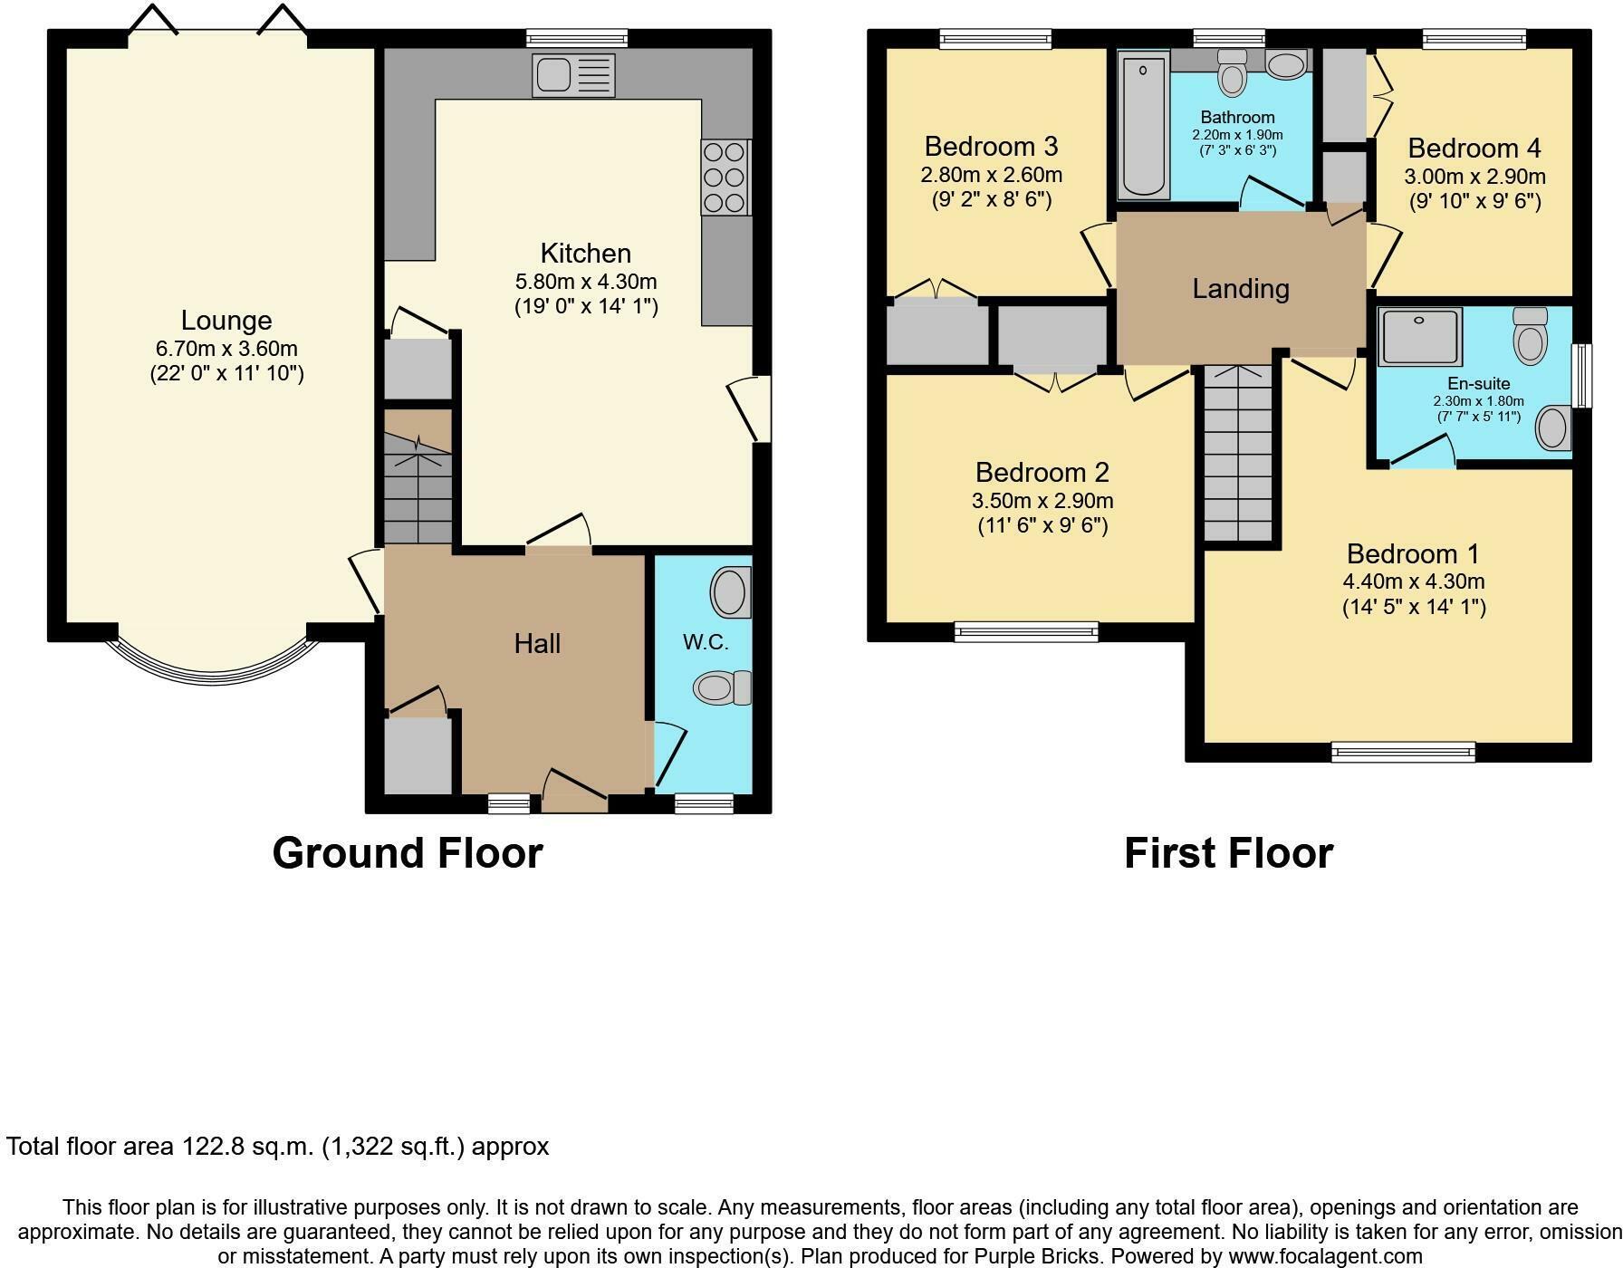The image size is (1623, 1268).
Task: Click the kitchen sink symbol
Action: pos(574,75)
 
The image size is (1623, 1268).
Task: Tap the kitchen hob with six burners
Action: pos(725,177)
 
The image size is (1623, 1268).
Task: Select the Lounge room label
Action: pos(226,320)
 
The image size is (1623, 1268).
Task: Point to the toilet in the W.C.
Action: pos(721,687)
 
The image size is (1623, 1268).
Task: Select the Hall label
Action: pos(537,643)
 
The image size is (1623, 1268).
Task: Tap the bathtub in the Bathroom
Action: pos(1142,125)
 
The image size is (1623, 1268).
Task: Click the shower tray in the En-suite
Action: pos(1419,337)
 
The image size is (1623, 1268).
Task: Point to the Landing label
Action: pos(1240,288)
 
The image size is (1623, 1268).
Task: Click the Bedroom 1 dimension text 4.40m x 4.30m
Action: pos(1413,581)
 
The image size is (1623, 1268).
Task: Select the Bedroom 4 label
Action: pos(1474,148)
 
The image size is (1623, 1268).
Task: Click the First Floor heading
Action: pos(1228,853)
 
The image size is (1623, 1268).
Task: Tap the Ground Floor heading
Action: pos(407,853)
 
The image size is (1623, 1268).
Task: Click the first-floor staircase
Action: pos(1237,453)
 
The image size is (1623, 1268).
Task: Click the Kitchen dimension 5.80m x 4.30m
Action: pos(586,281)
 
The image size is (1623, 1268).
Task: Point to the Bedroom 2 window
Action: pos(1026,631)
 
